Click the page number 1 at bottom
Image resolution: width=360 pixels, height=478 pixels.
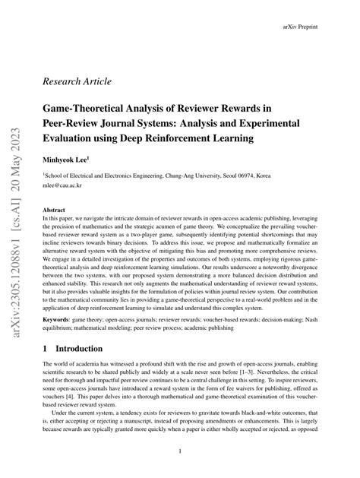179,451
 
